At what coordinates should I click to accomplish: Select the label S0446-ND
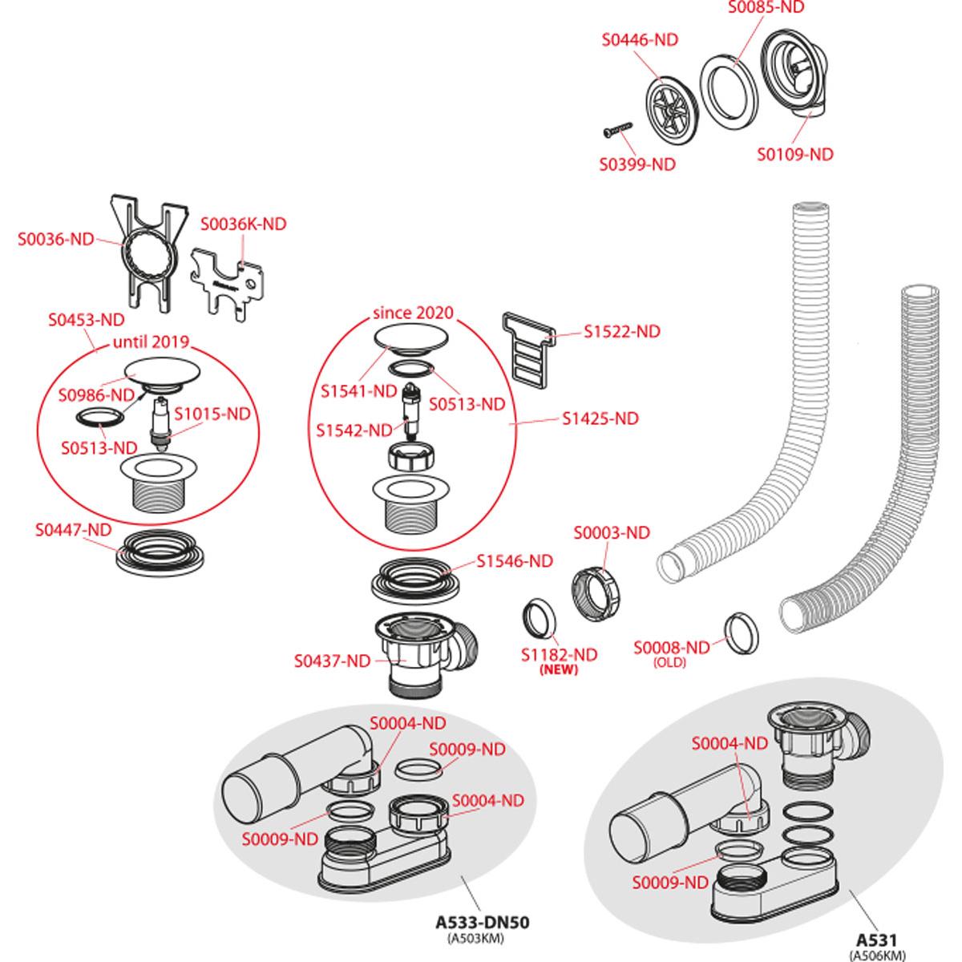tap(639, 41)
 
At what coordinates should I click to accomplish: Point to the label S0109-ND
tap(794, 154)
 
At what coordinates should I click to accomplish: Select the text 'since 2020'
tap(413, 313)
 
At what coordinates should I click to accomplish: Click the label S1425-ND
tap(600, 418)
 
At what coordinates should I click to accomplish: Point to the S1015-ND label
tap(212, 414)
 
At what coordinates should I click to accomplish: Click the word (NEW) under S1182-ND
tap(559, 670)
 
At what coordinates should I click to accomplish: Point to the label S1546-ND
tap(515, 561)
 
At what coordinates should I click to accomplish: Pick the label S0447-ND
tap(73, 529)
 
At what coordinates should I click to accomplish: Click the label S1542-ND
tap(355, 430)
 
